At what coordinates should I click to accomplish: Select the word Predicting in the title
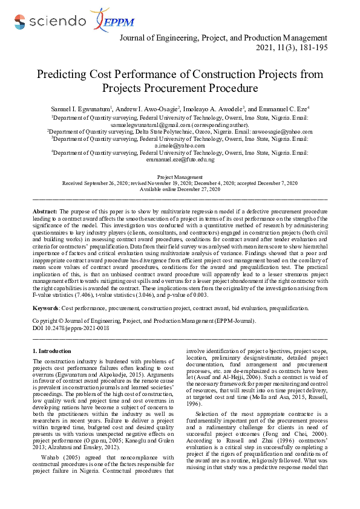(63, 75)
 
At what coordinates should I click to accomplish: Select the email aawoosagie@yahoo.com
(283, 131)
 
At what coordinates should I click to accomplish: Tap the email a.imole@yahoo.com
(180, 146)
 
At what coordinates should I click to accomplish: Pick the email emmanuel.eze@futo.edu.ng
(180, 160)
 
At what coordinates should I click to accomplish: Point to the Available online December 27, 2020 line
(180, 189)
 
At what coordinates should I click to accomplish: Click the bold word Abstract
(44, 212)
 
